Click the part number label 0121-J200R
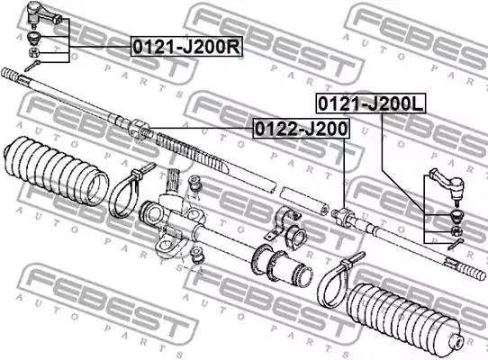click(186, 47)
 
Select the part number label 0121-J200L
click(371, 103)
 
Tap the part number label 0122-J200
click(301, 128)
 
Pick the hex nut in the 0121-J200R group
click(33, 52)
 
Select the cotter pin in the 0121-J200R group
click(32, 66)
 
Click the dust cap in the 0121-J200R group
click(33, 37)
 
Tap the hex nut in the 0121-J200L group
click(456, 231)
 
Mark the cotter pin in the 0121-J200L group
click(456, 244)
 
